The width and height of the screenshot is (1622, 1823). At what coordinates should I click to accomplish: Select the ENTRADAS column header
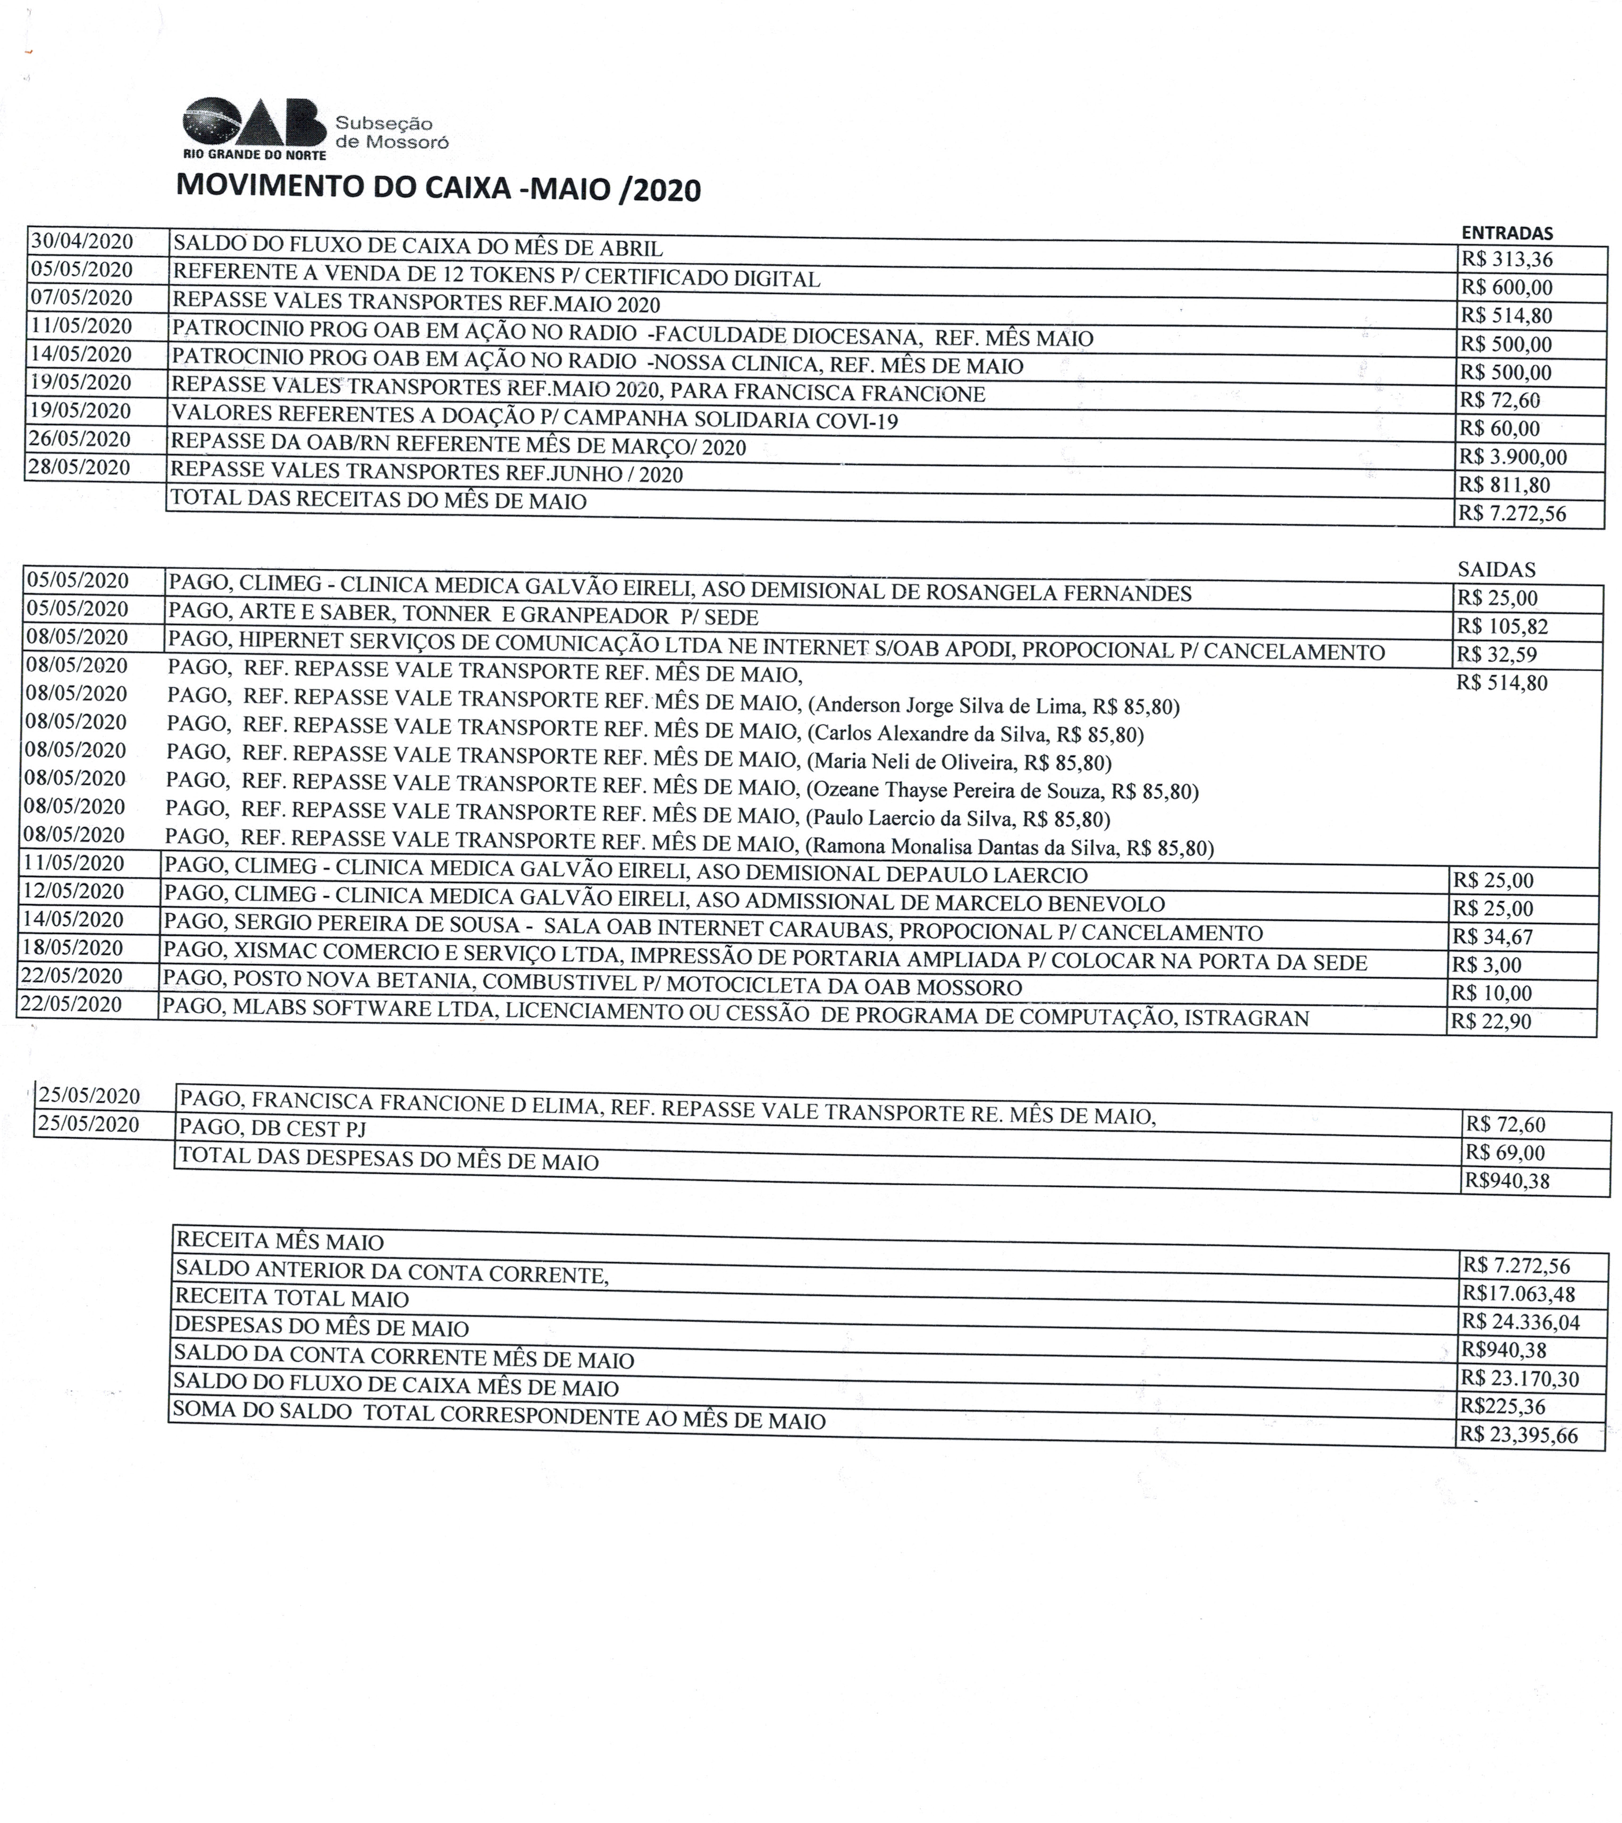point(1507,233)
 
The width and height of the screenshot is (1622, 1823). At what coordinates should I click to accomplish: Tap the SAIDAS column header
point(1496,569)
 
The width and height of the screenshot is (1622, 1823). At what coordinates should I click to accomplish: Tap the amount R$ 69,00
point(1504,1152)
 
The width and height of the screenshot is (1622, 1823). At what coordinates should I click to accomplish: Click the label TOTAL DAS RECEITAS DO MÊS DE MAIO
point(378,499)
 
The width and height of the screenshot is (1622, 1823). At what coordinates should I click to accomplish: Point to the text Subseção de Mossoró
point(391,132)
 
